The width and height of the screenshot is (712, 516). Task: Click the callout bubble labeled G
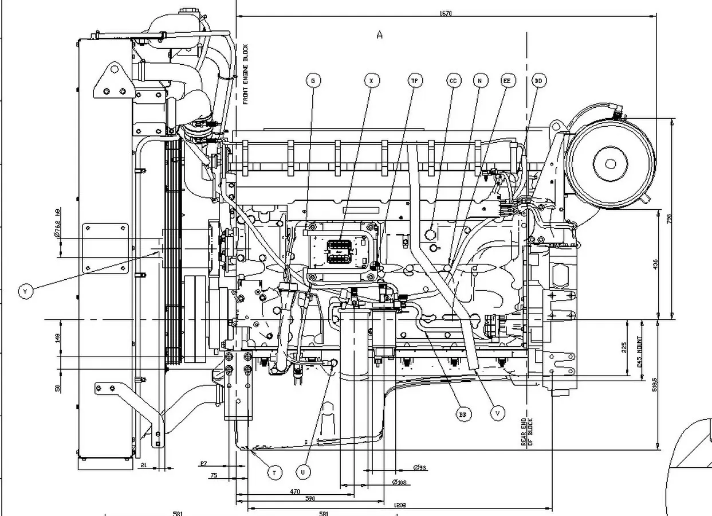click(313, 81)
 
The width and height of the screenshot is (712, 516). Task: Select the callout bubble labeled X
click(372, 81)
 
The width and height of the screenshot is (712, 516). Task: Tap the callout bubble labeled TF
click(415, 81)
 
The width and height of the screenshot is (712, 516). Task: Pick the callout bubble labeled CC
click(453, 81)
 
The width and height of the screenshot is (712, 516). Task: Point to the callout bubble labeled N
click(479, 81)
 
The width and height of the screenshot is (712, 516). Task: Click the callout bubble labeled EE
click(507, 81)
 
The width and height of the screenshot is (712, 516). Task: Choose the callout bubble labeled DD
click(538, 81)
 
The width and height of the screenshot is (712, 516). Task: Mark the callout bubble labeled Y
click(25, 292)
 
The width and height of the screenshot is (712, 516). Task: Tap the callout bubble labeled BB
click(463, 414)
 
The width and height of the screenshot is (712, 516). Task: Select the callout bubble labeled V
click(498, 412)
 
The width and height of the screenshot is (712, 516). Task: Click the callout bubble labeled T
click(275, 473)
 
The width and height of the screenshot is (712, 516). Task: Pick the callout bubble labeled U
click(304, 472)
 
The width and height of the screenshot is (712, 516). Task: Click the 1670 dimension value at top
click(446, 13)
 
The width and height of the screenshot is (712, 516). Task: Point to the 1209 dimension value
click(400, 505)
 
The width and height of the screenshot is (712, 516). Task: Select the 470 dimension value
click(295, 491)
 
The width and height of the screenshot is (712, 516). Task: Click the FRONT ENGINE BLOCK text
click(245, 75)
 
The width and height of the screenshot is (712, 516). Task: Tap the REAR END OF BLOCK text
click(526, 431)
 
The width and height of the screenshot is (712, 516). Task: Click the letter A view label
click(379, 36)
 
